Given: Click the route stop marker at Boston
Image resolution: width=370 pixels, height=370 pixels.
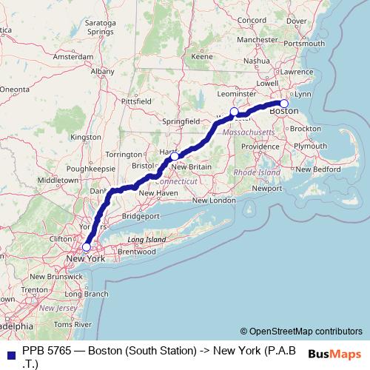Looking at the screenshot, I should click(x=284, y=104).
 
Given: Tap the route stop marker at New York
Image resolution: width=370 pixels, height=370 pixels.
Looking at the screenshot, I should click(x=87, y=247).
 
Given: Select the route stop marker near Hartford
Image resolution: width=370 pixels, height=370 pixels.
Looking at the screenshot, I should click(x=174, y=156).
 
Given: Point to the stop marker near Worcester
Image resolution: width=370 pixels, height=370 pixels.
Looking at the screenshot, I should click(x=234, y=112).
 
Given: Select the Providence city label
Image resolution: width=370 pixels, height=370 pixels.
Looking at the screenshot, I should click(x=260, y=147).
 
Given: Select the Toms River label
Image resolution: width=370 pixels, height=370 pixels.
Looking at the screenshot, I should click(x=73, y=324).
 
